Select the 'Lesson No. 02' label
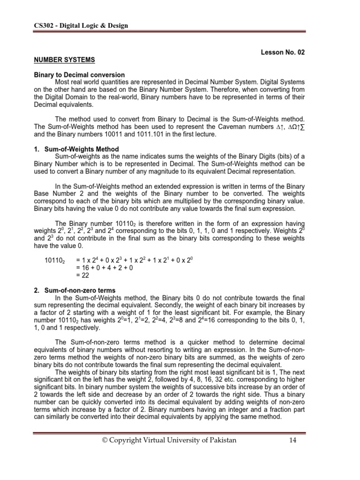point(283,52)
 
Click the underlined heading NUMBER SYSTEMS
point(64,60)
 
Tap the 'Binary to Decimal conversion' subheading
point(78,75)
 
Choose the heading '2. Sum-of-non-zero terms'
point(74,291)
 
